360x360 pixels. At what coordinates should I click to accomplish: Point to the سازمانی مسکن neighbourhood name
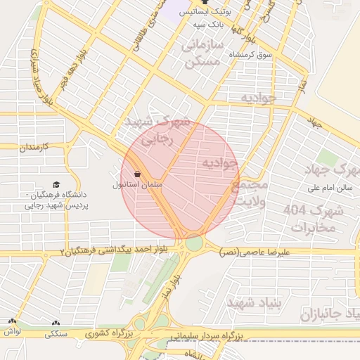(202, 53)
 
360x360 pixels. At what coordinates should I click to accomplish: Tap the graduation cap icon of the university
(56, 185)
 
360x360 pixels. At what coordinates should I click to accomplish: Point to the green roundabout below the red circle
(194, 243)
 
